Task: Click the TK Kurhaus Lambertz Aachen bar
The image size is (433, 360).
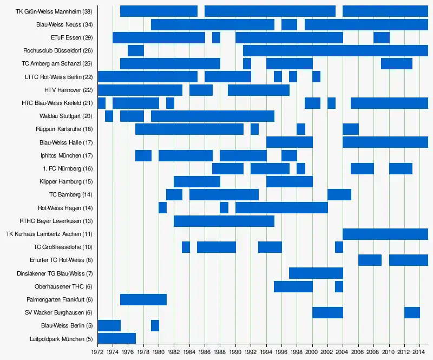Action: point(385,234)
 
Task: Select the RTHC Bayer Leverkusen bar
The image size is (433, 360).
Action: point(224,221)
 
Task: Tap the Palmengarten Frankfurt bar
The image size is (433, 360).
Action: point(143,299)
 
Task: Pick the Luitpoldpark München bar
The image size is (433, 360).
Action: point(116,338)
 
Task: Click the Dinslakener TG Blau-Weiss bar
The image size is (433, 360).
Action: point(316,273)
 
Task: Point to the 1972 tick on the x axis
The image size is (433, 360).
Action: point(97,352)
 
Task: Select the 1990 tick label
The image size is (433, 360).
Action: point(235,352)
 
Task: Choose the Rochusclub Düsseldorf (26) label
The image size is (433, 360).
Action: point(58,51)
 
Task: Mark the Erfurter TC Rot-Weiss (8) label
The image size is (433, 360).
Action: point(62,260)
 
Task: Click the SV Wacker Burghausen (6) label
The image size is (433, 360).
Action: point(59,312)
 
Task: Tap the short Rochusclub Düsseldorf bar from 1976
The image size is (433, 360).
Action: point(136,50)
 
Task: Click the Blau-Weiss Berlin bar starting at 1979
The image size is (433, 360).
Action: point(155,325)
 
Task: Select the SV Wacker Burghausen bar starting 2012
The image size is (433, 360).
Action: point(412,312)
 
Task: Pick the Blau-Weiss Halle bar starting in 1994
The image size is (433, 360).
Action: point(290,142)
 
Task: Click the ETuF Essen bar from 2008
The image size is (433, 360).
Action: point(381,37)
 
